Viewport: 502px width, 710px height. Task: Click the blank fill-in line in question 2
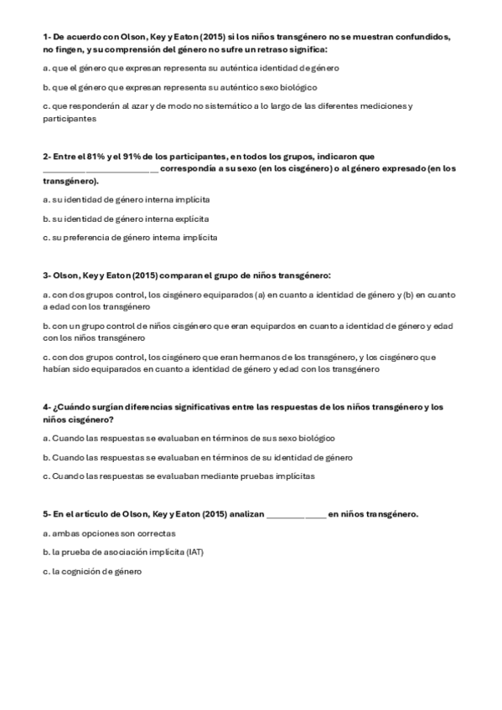[100, 169]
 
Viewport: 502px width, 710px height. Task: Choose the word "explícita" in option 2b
[189, 219]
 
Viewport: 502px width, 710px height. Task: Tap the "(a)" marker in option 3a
[260, 295]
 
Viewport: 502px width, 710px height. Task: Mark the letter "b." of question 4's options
[46, 457]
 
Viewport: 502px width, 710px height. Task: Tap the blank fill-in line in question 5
[296, 514]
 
